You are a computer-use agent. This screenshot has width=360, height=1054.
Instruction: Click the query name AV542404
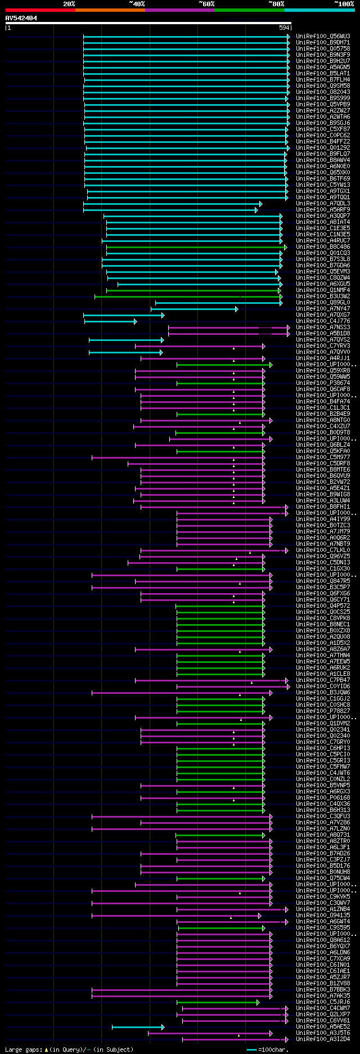pyautogui.click(x=21, y=18)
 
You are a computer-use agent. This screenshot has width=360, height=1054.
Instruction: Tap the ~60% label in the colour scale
pyautogui.click(x=206, y=4)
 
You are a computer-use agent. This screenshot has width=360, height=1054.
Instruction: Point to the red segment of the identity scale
pyautogui.click(x=40, y=10)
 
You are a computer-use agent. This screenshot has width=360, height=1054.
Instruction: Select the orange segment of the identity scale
pyautogui.click(x=110, y=10)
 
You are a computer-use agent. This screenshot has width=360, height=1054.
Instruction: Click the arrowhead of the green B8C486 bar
pyautogui.click(x=286, y=246)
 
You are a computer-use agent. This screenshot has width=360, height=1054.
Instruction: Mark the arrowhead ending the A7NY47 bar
pyautogui.click(x=237, y=308)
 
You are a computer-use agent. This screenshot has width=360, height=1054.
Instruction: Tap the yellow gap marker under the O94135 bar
pyautogui.click(x=231, y=918)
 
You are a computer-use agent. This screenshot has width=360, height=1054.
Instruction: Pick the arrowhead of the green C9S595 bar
pyautogui.click(x=263, y=927)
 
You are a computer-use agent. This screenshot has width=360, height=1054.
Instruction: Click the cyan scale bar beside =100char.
pyautogui.click(x=251, y=1049)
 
